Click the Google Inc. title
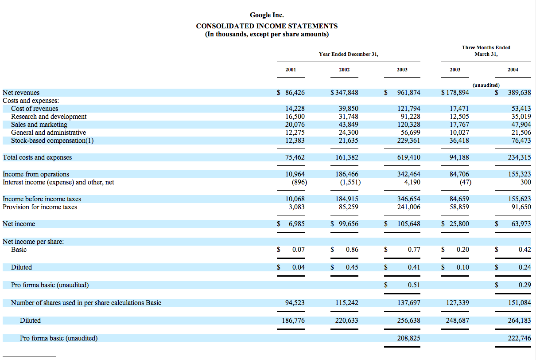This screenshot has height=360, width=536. [267, 16]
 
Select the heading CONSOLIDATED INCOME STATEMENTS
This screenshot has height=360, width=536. [267, 26]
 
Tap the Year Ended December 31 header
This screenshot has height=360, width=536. [349, 54]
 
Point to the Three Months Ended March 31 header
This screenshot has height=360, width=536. [486, 51]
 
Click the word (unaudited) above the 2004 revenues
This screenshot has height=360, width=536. [486, 85]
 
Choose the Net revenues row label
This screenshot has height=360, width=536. [21, 93]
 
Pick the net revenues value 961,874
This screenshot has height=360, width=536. [408, 93]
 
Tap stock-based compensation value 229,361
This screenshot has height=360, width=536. [408, 141]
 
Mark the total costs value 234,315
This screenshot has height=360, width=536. [519, 157]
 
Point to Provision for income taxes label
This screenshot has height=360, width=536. [40, 207]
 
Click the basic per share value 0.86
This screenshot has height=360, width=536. [352, 250]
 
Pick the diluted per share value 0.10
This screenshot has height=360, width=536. [463, 267]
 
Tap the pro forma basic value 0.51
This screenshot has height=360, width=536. [414, 285]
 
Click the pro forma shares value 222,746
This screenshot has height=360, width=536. [519, 338]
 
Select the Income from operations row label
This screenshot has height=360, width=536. [36, 174]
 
